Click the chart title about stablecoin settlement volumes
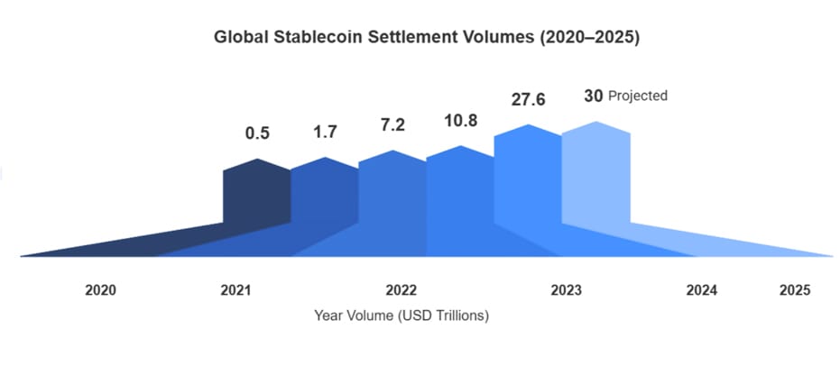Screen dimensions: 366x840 pos(426,38)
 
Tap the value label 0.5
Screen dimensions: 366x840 pos(257,133)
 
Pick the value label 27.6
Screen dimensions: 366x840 pos(528,99)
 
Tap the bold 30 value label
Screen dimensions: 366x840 pos(592,95)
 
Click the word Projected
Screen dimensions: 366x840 pos(638,96)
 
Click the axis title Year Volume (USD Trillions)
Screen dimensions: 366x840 pos(402,316)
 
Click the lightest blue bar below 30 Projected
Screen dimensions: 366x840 pos(595,180)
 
